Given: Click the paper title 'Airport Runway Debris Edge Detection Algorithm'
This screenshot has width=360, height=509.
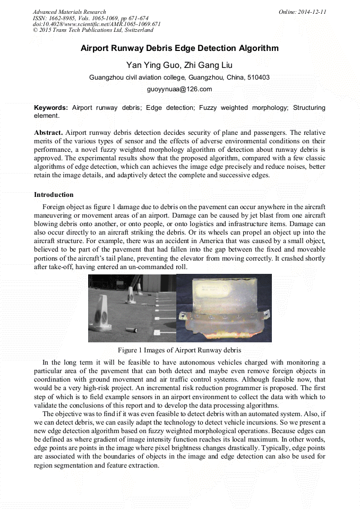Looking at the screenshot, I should (179, 48).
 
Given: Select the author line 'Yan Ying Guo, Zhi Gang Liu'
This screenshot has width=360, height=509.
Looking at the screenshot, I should (179, 65).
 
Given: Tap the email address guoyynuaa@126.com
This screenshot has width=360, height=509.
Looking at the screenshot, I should (179, 89).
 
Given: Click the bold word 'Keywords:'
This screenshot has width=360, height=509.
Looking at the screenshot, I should (51, 108).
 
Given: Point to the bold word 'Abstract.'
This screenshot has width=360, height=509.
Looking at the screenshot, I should (49, 132).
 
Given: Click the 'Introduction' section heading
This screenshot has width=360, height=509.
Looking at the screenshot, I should (54, 195).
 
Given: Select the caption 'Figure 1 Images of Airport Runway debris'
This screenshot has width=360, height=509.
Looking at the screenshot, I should (179, 350).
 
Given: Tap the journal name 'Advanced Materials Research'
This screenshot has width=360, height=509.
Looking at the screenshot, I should (70, 12).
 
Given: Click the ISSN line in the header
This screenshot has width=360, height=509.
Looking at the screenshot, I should (90, 18).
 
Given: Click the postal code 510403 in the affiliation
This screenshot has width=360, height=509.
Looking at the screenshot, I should (259, 77).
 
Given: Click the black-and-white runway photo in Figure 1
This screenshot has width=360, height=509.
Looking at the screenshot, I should (132, 308).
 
